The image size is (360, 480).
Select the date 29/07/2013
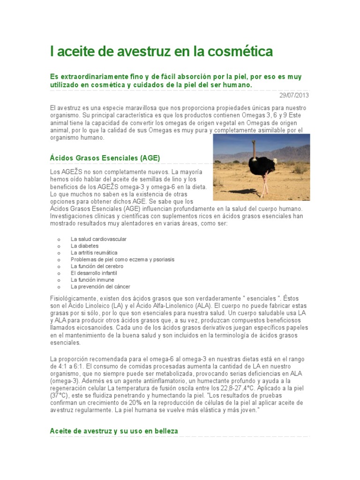click(x=294, y=95)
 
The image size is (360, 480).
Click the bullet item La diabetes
click(x=84, y=246)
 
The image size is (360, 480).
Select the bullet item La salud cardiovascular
click(x=98, y=239)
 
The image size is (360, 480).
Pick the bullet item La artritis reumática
click(x=94, y=253)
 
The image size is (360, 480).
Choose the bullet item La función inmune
click(x=92, y=280)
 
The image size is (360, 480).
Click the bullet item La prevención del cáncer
click(x=100, y=286)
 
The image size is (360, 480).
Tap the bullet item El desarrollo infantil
click(x=94, y=273)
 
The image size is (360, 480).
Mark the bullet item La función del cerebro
click(x=97, y=266)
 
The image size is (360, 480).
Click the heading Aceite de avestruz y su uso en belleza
click(x=114, y=430)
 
